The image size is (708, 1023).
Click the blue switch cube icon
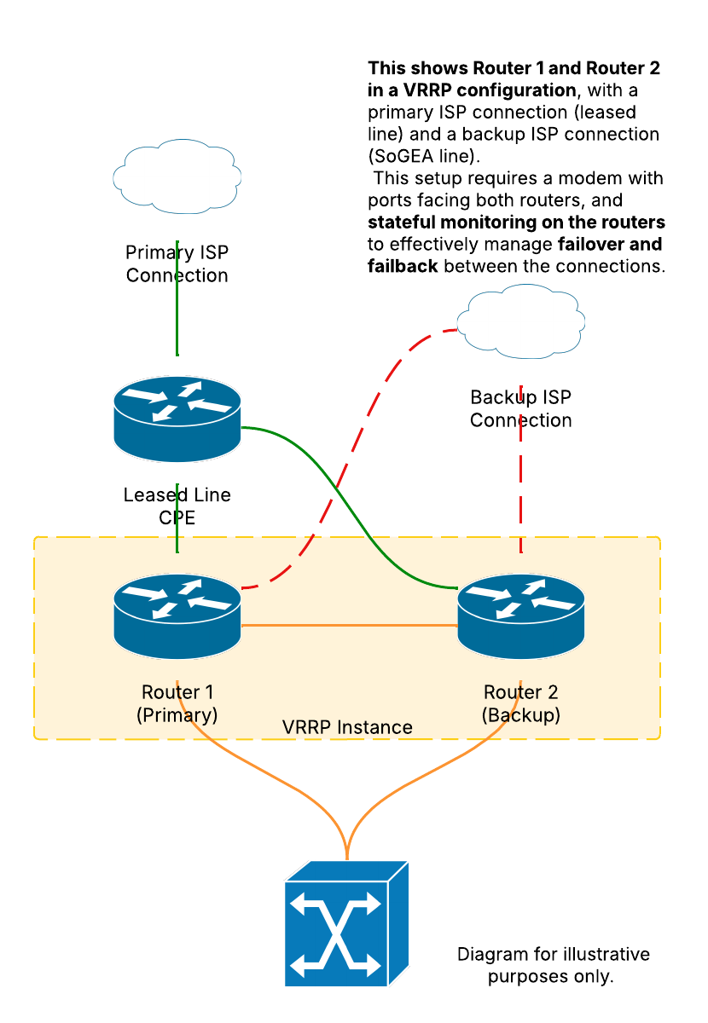pyautogui.click(x=346, y=924)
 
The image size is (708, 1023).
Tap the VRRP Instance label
pyautogui.click(x=347, y=727)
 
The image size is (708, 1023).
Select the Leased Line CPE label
pyautogui.click(x=177, y=506)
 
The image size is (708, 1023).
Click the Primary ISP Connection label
pyautogui.click(x=177, y=263)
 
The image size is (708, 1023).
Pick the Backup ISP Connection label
pyautogui.click(x=520, y=408)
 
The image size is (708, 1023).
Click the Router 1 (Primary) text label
pyautogui.click(x=177, y=703)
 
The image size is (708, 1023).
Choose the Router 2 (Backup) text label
pyautogui.click(x=521, y=703)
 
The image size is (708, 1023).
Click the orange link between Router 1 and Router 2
pyautogui.click(x=350, y=626)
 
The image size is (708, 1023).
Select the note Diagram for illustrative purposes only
pyautogui.click(x=553, y=965)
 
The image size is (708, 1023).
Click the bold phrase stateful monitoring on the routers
pyautogui.click(x=516, y=223)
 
